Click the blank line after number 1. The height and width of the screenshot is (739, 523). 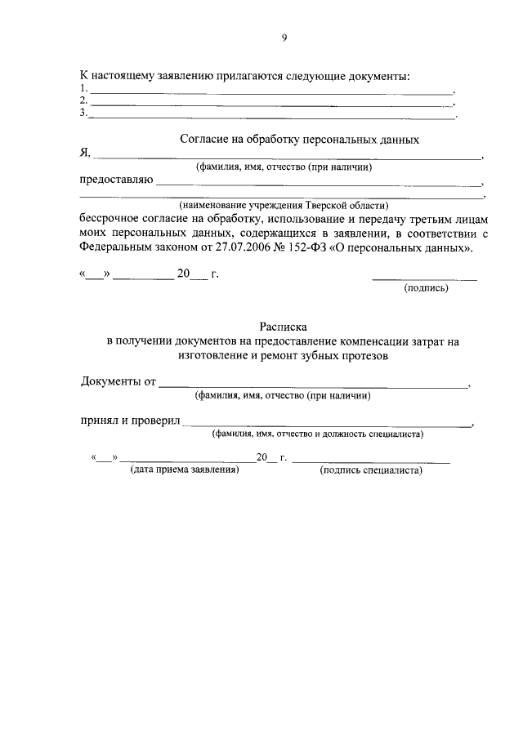pos(270,92)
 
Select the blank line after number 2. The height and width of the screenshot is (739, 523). pos(270,105)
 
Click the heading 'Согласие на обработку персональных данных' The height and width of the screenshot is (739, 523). pos(300,140)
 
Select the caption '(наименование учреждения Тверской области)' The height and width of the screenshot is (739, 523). pos(284,205)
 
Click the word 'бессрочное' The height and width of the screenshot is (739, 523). pos(109,218)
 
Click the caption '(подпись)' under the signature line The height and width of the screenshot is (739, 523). pos(425,288)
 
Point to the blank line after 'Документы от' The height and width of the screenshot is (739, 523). pos(314,385)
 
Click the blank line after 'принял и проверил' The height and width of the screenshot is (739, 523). pos(327,424)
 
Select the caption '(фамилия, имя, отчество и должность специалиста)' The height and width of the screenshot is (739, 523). pos(316,435)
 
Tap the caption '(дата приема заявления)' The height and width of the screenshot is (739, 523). pos(185,471)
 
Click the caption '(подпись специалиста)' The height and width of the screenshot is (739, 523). pos(372,471)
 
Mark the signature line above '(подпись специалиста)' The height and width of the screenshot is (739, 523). pos(371,462)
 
